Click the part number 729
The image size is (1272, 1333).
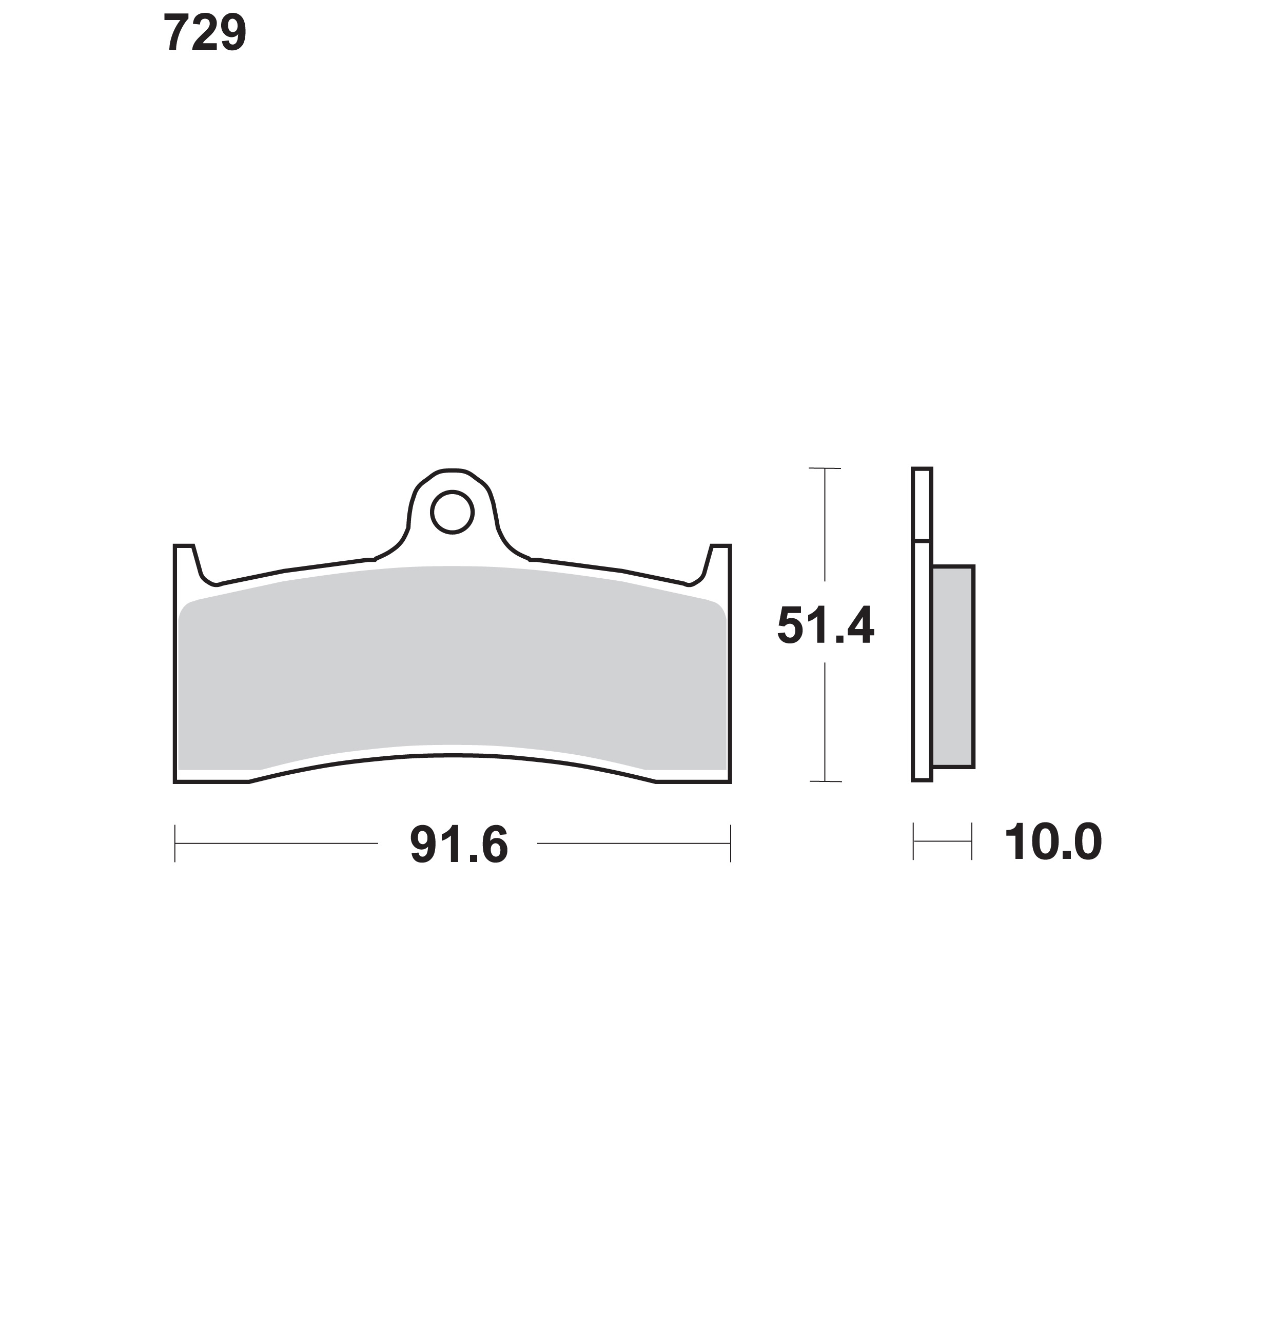coord(205,33)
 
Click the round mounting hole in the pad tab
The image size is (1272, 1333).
coord(452,512)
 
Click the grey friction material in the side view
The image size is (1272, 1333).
coord(953,666)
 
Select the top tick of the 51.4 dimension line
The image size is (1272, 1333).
coord(825,468)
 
